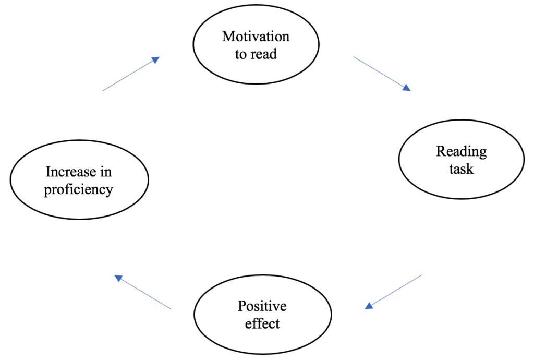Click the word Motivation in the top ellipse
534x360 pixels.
coord(256,37)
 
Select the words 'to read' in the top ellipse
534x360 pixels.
coord(256,54)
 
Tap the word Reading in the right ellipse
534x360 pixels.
coord(461,151)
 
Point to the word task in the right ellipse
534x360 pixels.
coord(461,169)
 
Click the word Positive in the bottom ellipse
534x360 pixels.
coord(262,306)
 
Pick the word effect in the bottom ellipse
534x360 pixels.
coord(262,323)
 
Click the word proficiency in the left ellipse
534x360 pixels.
coord(78,189)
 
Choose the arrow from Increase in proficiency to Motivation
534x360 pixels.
coord(130,75)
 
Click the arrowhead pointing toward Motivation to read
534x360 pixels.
coord(155,60)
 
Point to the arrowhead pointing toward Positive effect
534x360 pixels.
coord(369,306)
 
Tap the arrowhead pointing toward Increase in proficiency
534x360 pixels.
coord(118,278)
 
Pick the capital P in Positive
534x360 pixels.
coord(241,306)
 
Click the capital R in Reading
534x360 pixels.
coord(441,151)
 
